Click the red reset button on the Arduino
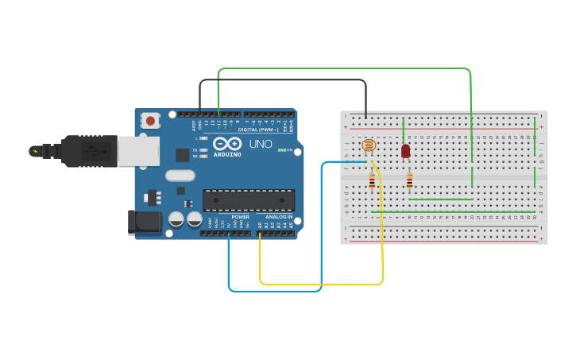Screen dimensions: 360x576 tap(149, 121)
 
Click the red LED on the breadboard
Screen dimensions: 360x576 tap(405, 150)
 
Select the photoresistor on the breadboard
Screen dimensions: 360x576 tap(369, 145)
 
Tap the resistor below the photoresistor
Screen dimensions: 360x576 tap(372, 183)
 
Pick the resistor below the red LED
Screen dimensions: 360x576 tap(409, 183)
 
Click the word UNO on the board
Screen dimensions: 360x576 tap(261, 145)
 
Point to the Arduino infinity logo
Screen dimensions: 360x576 tap(226, 144)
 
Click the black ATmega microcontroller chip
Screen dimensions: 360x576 tap(249, 199)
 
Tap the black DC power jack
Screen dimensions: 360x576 tap(145, 222)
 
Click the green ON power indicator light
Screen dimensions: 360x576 tap(281, 149)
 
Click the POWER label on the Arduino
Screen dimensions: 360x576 tap(240, 217)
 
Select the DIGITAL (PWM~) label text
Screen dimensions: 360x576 tap(258, 130)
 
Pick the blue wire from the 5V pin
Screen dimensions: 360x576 tap(274, 291)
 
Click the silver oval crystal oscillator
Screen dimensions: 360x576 tap(180, 176)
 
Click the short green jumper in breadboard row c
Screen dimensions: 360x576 tap(441, 199)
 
